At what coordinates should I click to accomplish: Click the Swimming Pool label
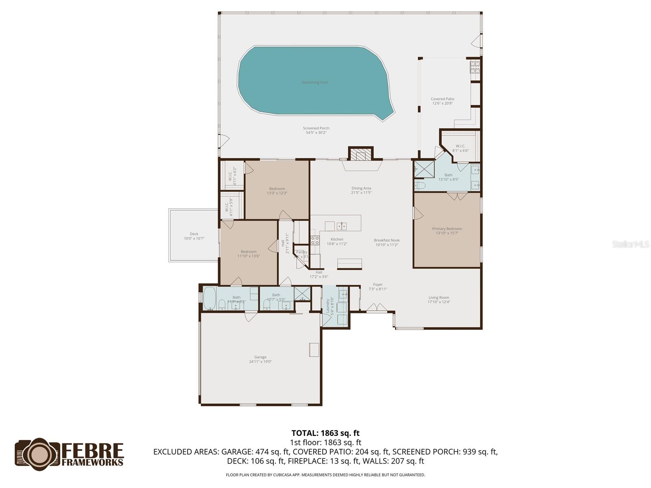pos(315,82)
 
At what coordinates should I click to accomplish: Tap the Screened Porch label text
pos(316,128)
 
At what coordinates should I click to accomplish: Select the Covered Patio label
pos(442,99)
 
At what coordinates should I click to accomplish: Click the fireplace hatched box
pos(361,155)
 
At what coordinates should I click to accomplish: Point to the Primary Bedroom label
pos(447,229)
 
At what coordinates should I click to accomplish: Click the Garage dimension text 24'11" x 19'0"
pos(260,362)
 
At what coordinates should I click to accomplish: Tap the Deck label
pos(194,234)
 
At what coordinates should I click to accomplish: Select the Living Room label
pos(439,297)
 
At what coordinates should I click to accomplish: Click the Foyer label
pos(378,285)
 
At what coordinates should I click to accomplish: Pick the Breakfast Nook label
pos(387,240)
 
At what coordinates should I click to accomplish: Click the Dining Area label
pos(361,188)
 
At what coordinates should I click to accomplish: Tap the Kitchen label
pos(337,239)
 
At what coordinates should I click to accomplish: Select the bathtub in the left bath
pos(210,298)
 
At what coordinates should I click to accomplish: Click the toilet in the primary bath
pos(420,186)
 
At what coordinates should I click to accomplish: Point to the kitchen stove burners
pos(315,240)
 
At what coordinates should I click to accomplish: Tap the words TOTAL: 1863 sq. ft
pos(325,433)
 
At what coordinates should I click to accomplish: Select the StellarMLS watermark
pos(630,244)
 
